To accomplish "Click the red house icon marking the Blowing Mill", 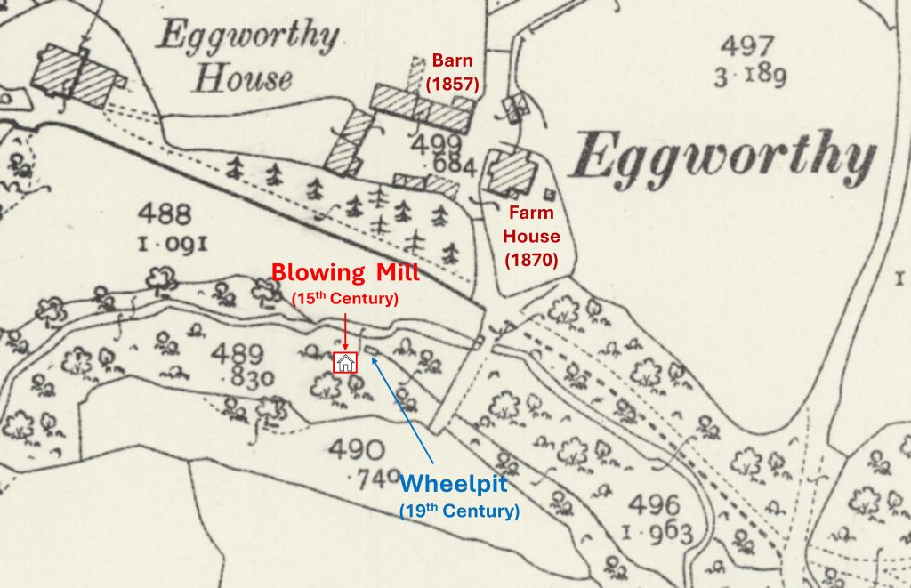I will point(344,362).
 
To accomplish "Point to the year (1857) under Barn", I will point(452,85).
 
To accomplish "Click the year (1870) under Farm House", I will point(531,260).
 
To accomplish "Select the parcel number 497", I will point(748,47).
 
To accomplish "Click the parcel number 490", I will point(357,450).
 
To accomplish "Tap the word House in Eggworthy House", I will point(243,78).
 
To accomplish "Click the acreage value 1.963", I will point(659,534).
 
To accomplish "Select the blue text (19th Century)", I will point(459,511).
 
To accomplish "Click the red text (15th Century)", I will point(344,299).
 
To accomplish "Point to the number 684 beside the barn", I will point(452,166).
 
